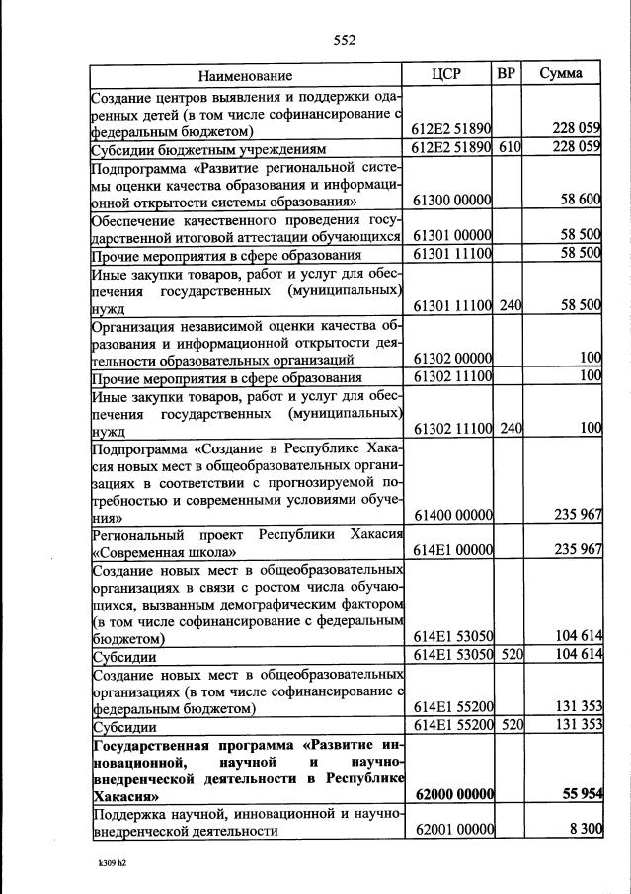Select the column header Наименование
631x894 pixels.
(245, 75)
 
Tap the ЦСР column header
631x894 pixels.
(447, 74)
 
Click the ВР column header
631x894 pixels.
(507, 74)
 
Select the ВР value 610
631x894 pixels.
(510, 147)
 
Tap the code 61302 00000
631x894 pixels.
(451, 358)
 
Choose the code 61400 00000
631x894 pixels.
(451, 515)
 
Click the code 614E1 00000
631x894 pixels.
(451, 550)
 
